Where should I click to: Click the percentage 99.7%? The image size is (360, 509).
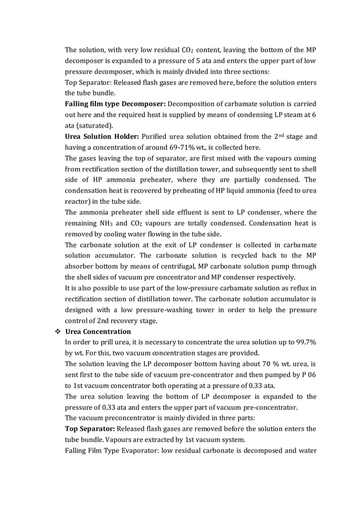[304, 342]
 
